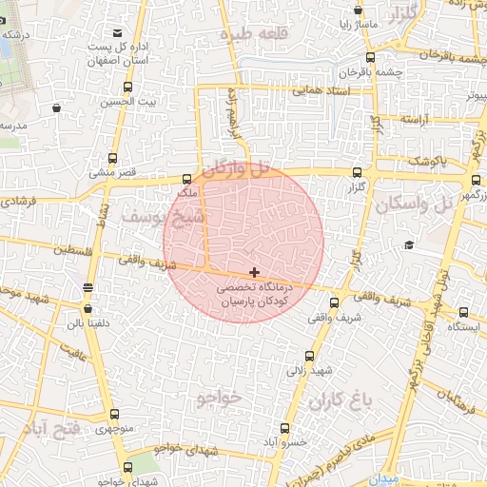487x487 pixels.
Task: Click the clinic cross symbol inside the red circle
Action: pyautogui.click(x=253, y=272)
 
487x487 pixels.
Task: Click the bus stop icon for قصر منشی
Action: pyautogui.click(x=115, y=159)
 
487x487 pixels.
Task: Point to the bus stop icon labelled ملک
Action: pyautogui.click(x=185, y=178)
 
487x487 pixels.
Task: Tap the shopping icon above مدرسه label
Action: pyautogui.click(x=57, y=107)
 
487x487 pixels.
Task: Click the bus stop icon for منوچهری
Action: pyautogui.click(x=114, y=414)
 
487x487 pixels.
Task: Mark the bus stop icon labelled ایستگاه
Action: pyautogui.click(x=463, y=311)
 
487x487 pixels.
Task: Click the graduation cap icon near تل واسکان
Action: pyautogui.click(x=409, y=245)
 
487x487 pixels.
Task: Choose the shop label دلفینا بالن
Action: pyautogui.click(x=88, y=324)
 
